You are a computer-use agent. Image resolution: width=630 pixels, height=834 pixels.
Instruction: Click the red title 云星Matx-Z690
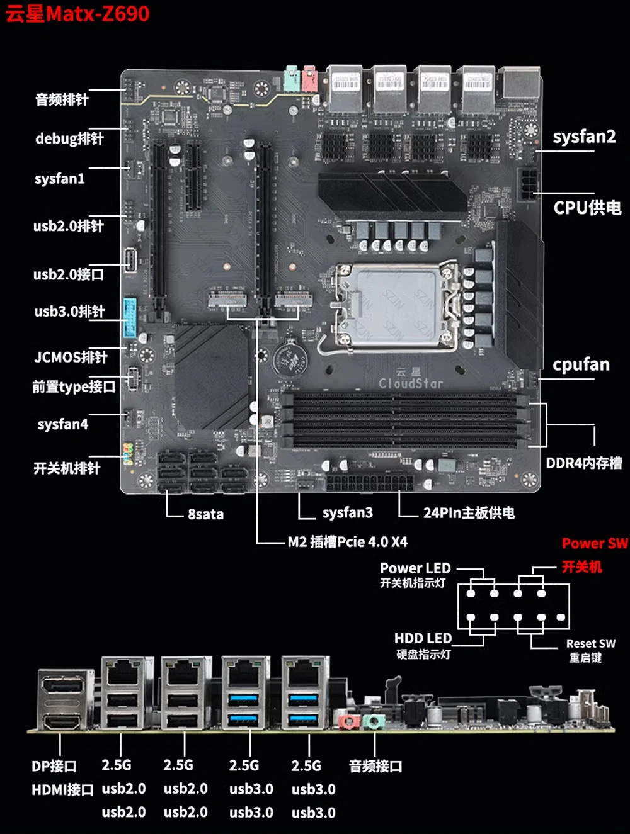click(78, 14)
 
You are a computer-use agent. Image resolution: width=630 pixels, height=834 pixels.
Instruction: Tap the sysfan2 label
click(584, 137)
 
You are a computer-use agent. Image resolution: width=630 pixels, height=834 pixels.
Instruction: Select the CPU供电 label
click(587, 208)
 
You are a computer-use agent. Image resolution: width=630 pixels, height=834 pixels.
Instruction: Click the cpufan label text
click(581, 365)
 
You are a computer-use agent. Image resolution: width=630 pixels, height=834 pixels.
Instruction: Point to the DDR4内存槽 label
click(584, 463)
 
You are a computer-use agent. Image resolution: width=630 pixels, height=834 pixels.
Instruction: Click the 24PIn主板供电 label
click(469, 513)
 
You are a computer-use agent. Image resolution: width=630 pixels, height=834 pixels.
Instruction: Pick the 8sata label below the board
click(205, 514)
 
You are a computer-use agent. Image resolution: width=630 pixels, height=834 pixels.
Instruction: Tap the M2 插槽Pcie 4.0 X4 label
click(348, 542)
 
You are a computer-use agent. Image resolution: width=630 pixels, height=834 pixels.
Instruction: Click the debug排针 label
click(69, 138)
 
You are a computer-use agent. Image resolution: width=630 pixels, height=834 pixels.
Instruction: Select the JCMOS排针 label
click(71, 358)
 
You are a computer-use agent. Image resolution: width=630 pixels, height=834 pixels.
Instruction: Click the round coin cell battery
click(289, 361)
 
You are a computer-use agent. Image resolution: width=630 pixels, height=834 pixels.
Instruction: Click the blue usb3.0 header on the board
click(130, 318)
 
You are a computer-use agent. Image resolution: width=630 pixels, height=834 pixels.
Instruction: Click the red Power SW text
click(595, 544)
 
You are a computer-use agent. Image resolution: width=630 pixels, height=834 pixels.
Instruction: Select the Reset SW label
click(590, 644)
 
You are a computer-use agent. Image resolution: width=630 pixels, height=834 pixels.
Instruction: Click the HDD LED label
click(423, 639)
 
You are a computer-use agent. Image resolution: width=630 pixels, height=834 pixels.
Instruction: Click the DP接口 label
click(54, 767)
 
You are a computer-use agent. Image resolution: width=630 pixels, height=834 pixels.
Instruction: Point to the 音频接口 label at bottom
click(375, 767)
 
